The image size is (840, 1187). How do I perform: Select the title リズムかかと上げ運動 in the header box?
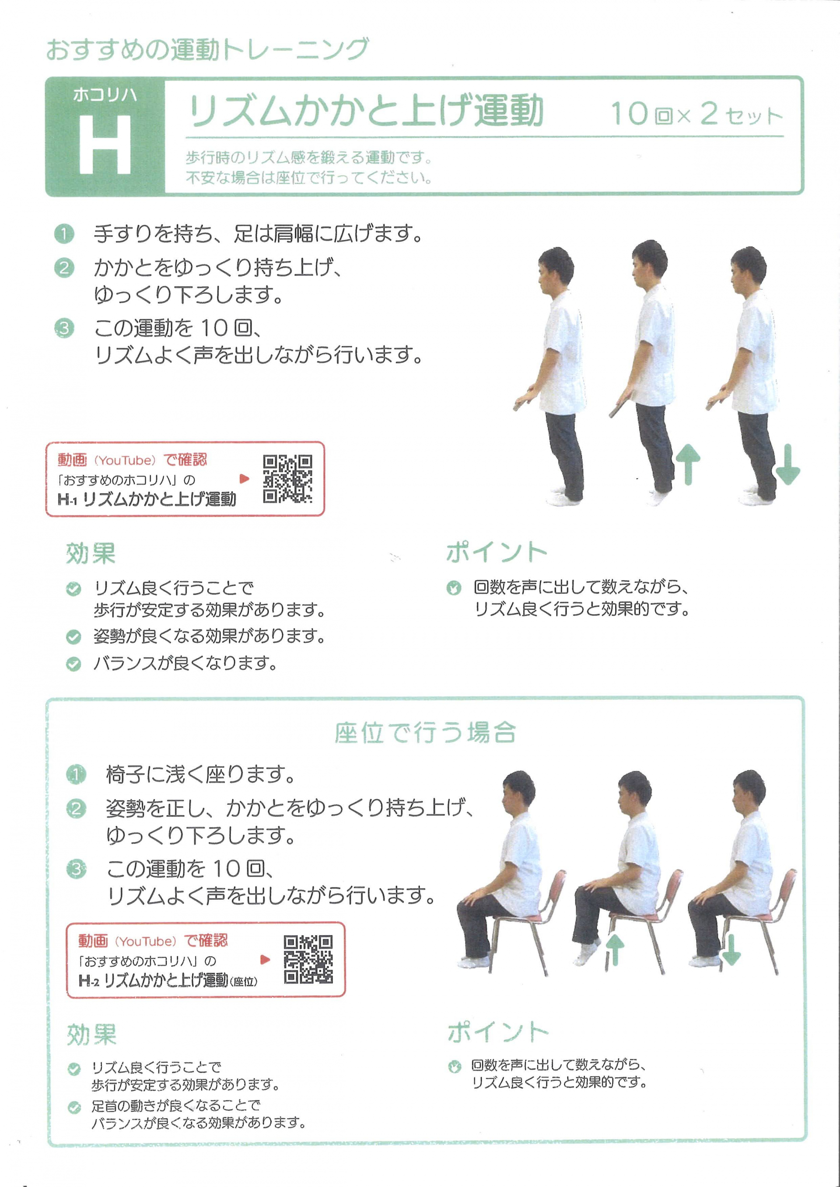(366, 111)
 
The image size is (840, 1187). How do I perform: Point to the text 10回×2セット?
(697, 113)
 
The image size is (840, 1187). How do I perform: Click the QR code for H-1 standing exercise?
(287, 479)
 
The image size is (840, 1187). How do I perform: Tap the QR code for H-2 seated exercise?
(308, 959)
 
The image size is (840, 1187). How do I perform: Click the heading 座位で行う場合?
(425, 733)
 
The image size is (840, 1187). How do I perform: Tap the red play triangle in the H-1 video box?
(245, 479)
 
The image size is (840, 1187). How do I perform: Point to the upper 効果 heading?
(91, 553)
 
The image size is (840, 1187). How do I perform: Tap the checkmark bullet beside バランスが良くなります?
(73, 664)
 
